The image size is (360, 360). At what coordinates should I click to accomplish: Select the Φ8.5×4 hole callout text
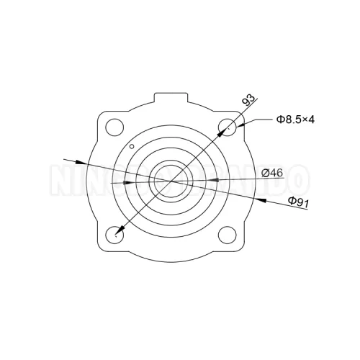tap(296, 120)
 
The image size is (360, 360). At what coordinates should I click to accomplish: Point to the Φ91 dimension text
tap(298, 202)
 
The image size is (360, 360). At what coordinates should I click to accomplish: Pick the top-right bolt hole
tap(228, 127)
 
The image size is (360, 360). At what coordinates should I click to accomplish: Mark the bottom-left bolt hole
tap(115, 234)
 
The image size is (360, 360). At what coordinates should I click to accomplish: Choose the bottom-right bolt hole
tap(228, 234)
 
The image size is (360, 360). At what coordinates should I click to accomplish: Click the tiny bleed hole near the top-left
tap(130, 147)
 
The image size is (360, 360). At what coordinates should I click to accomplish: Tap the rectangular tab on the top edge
tap(172, 98)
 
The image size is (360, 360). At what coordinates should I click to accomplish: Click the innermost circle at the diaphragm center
tap(171, 177)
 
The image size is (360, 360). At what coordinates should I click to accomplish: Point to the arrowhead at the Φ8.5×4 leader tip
tap(241, 125)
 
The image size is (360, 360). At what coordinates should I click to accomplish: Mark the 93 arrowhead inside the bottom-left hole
tap(118, 231)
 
